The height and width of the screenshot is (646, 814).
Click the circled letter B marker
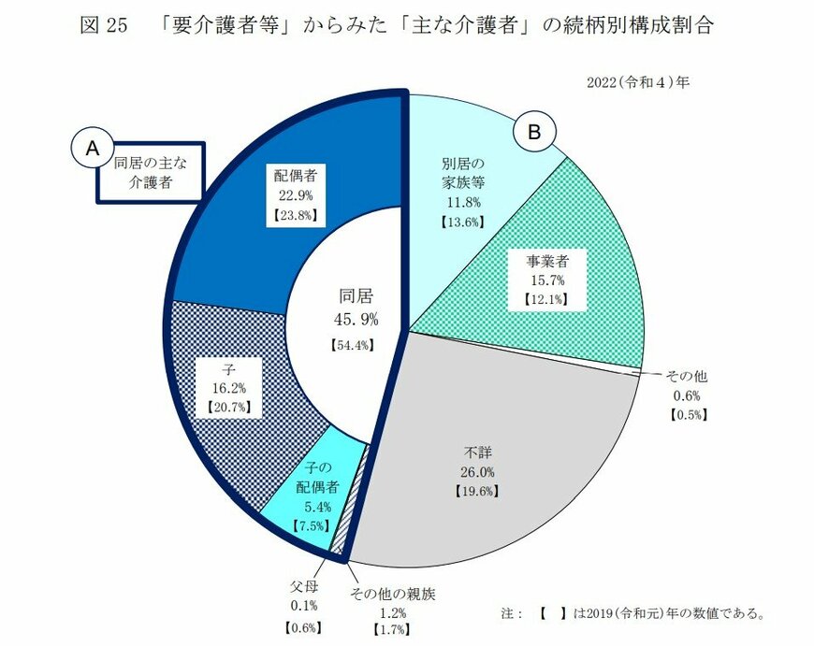535,133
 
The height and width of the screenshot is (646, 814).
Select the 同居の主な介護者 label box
151,171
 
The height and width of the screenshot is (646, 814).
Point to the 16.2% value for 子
228,388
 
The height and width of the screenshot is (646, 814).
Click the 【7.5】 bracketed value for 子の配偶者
308,526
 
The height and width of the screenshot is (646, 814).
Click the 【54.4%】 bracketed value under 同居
354,345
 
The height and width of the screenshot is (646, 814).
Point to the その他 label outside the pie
686,376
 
